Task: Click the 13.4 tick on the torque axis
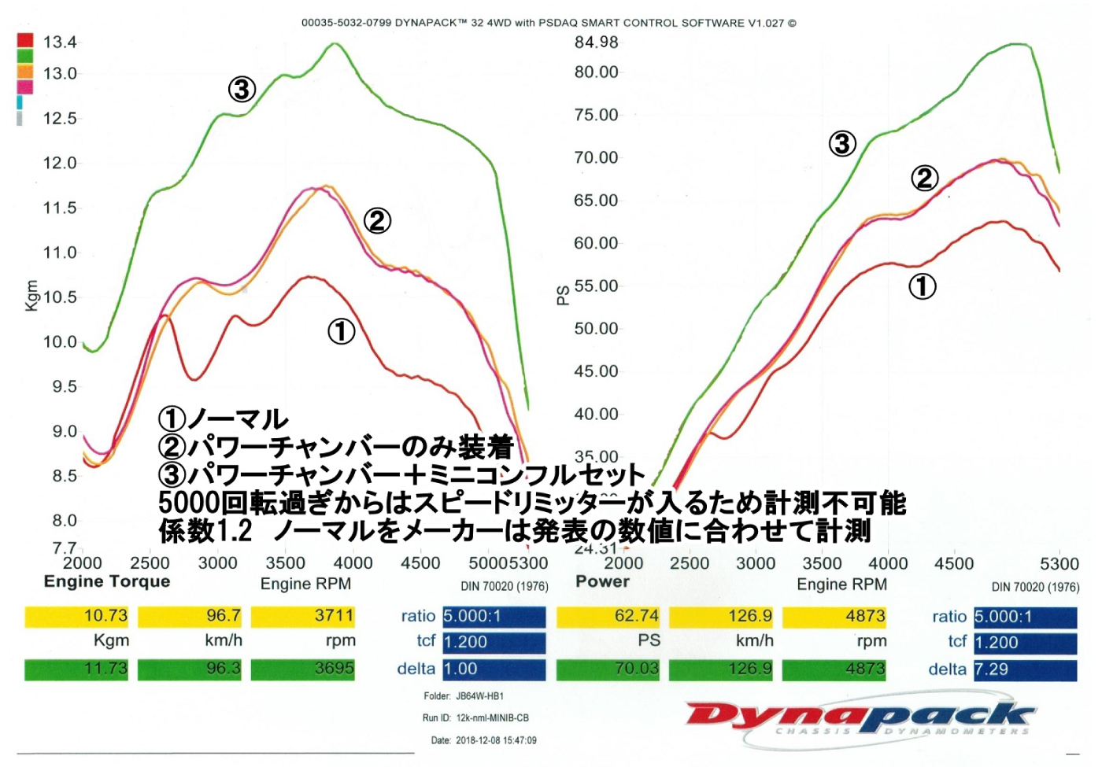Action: pos(60,42)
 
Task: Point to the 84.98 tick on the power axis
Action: pos(596,42)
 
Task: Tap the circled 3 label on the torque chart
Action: pos(242,90)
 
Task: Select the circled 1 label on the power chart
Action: pos(923,286)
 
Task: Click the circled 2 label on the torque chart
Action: pos(377,221)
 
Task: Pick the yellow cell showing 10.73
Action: pos(76,616)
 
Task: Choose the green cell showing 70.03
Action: pos(608,669)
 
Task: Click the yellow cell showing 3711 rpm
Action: pos(303,616)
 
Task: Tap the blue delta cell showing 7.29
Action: pos(1025,669)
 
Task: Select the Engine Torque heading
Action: pos(107,581)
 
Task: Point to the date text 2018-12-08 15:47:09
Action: pos(496,740)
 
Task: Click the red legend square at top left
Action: pos(25,40)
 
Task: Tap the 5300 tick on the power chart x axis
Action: pos(1059,563)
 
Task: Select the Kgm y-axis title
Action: pos(31,296)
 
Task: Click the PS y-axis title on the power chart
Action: pos(563,295)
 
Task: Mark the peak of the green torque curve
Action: pos(335,43)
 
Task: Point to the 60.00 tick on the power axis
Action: pos(596,243)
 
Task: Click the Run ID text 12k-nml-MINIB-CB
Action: pos(492,718)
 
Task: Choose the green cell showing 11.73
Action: pos(76,669)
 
